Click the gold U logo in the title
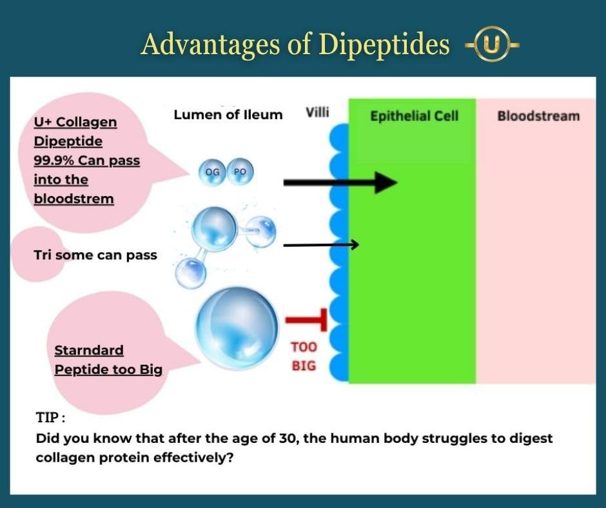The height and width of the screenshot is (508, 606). pos(492,44)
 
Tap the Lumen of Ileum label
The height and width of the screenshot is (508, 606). pos(228,115)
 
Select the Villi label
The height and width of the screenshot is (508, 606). pos(317,113)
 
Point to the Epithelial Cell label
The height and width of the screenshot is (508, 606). pos(415,116)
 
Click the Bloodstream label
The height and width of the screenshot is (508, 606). pos(538,116)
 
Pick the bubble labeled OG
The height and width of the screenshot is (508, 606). pos(212,172)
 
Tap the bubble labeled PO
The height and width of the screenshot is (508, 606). pos(240,171)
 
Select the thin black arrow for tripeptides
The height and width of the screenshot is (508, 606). pos(321,245)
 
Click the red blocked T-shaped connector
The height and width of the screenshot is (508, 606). pos(306,320)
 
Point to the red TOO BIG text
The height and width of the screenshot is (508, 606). pos(304,356)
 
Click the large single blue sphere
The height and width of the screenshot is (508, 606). pos(237,328)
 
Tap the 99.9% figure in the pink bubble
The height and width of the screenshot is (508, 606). pos(54,161)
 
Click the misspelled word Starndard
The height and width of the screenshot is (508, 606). pos(89,350)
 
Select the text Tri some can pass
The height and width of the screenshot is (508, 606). pos(95,255)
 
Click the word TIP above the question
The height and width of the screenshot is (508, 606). pos(48,418)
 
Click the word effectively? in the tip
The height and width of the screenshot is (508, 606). pos(193,458)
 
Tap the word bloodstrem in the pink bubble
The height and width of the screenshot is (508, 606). pos(74,199)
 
